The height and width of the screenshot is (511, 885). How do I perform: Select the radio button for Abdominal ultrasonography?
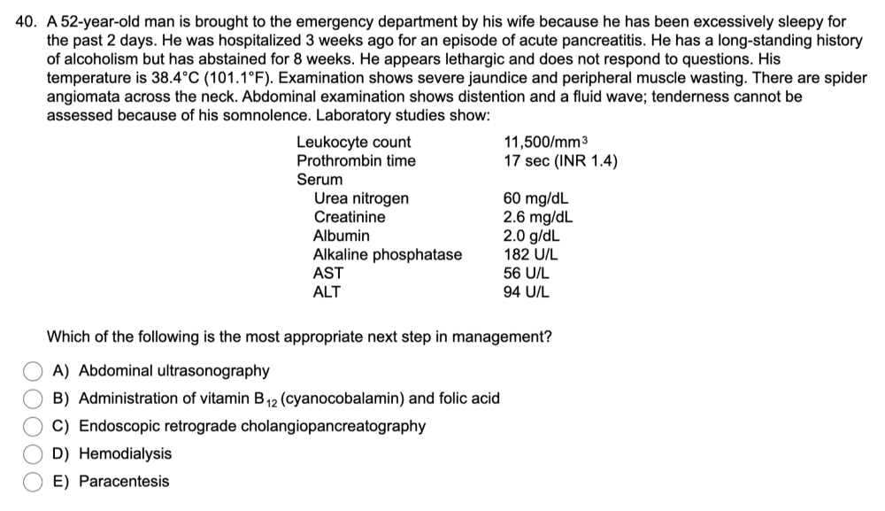[33, 370]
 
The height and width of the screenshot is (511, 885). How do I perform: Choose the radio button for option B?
[33, 399]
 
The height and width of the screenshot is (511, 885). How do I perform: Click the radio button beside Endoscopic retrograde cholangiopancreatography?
[33, 426]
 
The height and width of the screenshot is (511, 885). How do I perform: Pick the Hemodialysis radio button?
[33, 454]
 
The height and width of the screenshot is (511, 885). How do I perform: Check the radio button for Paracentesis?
[33, 482]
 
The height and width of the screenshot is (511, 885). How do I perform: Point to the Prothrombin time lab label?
[356, 161]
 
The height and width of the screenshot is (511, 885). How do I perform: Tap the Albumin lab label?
[342, 236]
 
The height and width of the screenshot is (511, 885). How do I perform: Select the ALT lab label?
[327, 292]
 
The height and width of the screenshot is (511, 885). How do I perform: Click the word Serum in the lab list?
[319, 180]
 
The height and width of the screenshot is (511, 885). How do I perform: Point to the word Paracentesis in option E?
[124, 482]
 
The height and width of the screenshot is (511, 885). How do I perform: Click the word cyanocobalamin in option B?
[346, 399]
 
